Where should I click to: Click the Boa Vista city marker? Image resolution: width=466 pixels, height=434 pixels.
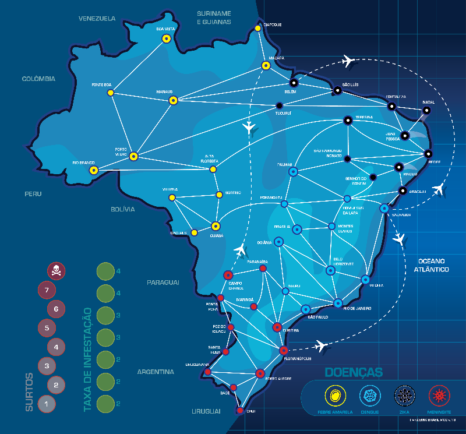166,39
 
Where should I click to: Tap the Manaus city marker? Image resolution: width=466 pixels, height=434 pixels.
173,101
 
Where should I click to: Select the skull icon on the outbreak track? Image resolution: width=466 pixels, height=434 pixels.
56,270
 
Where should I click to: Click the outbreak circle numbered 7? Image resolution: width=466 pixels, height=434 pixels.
46,290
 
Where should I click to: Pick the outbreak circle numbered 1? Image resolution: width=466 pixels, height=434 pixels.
46,403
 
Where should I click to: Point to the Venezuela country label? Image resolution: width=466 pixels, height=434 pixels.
97,19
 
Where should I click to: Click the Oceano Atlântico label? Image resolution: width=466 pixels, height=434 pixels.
427,265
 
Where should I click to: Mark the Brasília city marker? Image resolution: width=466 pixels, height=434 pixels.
296,229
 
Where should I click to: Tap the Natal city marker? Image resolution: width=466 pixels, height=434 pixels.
427,110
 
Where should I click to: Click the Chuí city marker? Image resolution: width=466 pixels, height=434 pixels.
240,410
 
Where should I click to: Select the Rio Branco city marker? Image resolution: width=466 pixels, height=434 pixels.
93,171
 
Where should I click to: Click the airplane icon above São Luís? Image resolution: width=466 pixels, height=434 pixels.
348,61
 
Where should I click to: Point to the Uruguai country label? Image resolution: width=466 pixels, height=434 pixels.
207,411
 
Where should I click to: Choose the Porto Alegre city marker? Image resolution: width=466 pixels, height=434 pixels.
260,373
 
